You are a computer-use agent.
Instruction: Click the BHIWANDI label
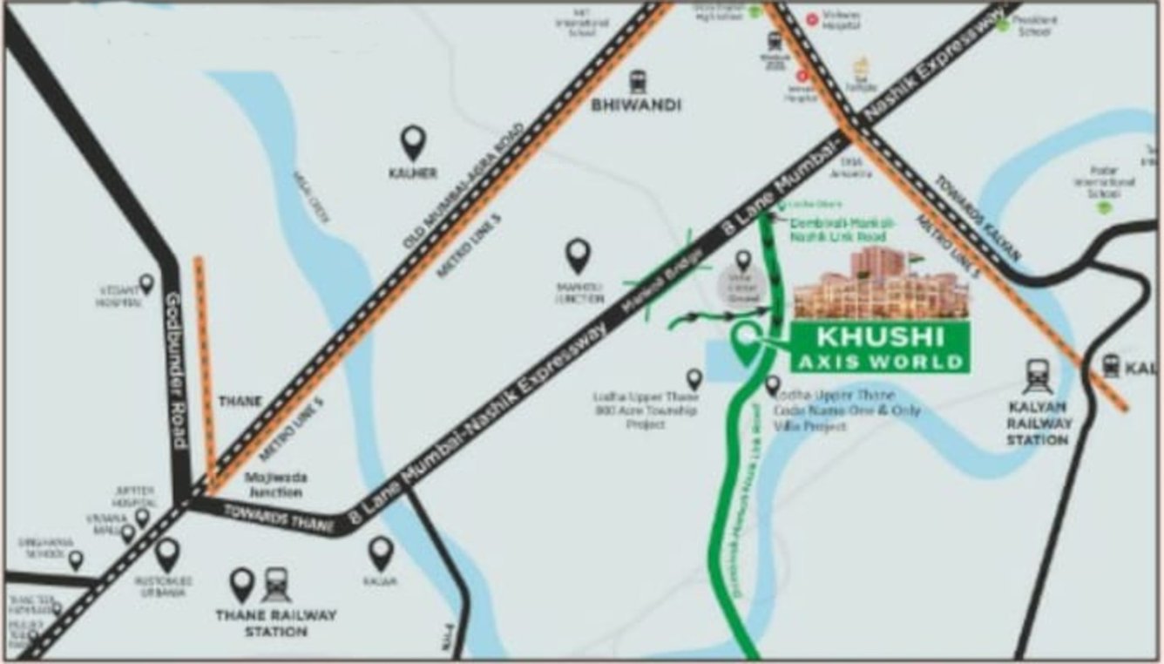coord(636,106)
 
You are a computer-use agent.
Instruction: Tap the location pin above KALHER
coord(413,141)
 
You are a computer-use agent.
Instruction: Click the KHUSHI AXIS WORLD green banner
coord(879,347)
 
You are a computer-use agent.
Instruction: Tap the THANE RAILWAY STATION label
coord(275,622)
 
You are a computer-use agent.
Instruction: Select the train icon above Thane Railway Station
coord(277,584)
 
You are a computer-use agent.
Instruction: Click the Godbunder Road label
coord(176,371)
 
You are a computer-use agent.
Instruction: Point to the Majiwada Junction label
coord(275,484)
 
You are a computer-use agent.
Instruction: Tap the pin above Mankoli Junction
coord(578,256)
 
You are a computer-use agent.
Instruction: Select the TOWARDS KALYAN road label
coord(977,218)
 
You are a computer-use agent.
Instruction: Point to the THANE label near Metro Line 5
coord(241,402)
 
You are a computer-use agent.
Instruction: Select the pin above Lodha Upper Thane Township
coord(694,378)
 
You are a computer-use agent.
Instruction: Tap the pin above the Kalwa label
coord(381,552)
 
